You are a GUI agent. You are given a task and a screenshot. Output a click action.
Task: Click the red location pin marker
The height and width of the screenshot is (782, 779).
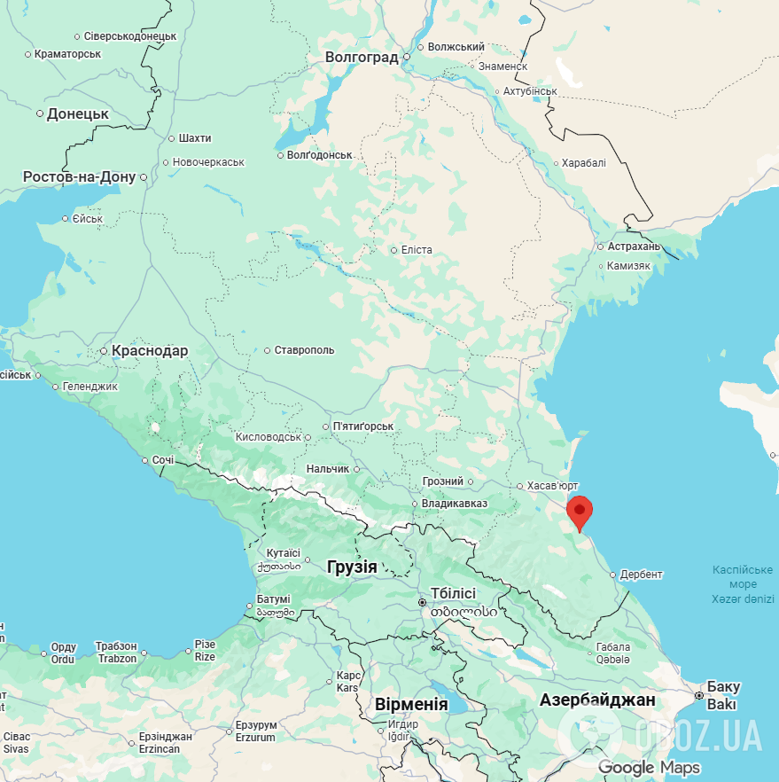pos(579,512)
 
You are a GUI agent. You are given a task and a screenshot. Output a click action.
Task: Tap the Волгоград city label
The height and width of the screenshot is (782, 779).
pos(362,57)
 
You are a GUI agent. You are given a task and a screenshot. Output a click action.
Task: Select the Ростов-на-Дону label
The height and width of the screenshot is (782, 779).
pos(80,176)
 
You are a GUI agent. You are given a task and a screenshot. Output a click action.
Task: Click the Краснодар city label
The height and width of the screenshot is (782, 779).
pos(150,351)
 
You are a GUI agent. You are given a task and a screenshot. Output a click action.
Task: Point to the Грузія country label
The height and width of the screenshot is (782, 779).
pos(352,567)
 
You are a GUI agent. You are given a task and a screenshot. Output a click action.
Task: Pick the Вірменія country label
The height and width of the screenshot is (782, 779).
pos(411,704)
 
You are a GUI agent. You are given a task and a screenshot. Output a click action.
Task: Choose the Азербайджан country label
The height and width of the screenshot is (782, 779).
pos(597,700)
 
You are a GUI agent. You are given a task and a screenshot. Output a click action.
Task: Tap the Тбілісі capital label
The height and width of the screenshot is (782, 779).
pos(453,593)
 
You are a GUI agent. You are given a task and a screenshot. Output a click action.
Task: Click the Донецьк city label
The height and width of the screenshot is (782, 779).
pos(77,113)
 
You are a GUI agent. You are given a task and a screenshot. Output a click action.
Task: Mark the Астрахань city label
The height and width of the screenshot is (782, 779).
pos(634,246)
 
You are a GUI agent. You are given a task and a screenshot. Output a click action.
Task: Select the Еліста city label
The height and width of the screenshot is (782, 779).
pos(417,250)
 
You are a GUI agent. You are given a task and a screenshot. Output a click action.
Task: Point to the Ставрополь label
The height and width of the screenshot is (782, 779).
pos(304,350)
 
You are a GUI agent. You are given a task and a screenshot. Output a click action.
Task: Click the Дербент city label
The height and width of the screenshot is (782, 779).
pos(641,575)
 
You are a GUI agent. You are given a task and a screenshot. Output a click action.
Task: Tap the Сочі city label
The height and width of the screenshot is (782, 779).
pos(163,461)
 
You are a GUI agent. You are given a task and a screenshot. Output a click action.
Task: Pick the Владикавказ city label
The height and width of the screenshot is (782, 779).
pos(454,504)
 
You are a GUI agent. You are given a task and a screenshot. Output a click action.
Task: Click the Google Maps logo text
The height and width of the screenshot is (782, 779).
pos(649,768)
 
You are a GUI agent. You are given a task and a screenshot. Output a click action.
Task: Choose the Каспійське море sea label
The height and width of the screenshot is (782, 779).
pos(743,576)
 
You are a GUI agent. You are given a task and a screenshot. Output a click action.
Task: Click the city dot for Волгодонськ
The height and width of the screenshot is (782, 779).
pos(281,155)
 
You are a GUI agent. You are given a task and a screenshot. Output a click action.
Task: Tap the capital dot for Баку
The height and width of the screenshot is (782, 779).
pos(699,696)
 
